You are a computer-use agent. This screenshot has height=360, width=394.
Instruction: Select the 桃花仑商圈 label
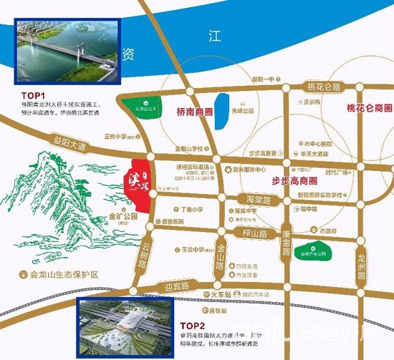click(368, 108)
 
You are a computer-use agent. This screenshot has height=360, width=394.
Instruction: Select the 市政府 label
click(329, 231)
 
